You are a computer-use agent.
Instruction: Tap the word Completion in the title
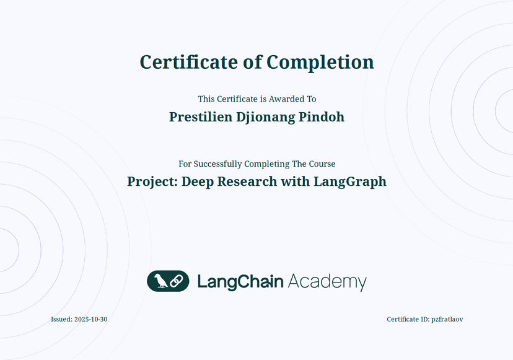click(x=320, y=63)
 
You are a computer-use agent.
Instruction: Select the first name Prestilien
click(x=201, y=117)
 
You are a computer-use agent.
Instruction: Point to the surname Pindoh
click(x=322, y=117)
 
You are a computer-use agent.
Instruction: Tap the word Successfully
click(x=218, y=164)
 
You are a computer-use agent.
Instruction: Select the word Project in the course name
click(x=152, y=182)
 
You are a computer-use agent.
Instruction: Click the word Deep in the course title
click(x=197, y=182)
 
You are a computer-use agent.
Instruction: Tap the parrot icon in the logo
click(x=160, y=281)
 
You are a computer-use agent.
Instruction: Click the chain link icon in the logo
click(x=177, y=281)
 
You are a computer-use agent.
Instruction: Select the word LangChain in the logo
click(x=240, y=282)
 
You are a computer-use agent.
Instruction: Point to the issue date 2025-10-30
click(x=91, y=320)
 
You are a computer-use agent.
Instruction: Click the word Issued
click(x=61, y=320)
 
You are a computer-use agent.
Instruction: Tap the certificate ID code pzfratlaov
click(x=447, y=320)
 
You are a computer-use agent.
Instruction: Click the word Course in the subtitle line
click(x=322, y=164)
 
